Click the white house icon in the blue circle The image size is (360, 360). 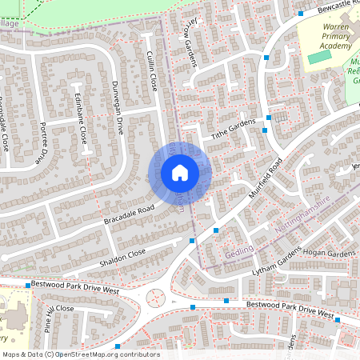click(x=179, y=173)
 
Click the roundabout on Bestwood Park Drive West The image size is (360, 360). click(x=155, y=298)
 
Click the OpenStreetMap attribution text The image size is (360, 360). click(x=80, y=354)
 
